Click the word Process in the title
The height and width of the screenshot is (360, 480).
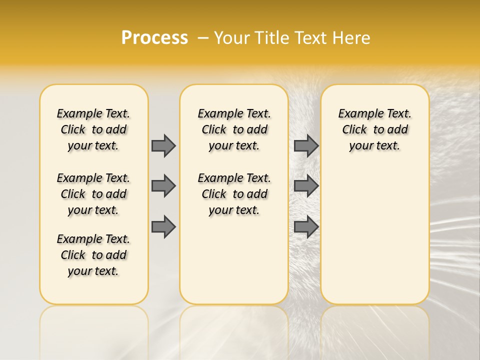point(154,38)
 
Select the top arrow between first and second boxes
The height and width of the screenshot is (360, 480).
point(163,145)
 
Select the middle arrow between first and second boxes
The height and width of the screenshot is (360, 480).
point(163,186)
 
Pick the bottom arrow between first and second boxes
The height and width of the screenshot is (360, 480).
point(163,227)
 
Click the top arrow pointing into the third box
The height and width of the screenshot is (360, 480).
point(306,145)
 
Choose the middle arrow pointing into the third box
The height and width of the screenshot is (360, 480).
point(306,186)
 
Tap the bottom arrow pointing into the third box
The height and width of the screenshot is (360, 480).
point(306,227)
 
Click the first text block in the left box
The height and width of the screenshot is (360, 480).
point(93,129)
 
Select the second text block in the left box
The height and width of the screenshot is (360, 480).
point(93,194)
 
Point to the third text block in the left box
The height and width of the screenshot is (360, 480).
point(93,255)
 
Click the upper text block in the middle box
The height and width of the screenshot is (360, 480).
point(234,129)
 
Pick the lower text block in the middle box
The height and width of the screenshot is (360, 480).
point(234,194)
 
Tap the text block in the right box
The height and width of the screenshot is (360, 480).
point(374,129)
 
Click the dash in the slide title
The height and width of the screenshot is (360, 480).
point(203,38)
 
